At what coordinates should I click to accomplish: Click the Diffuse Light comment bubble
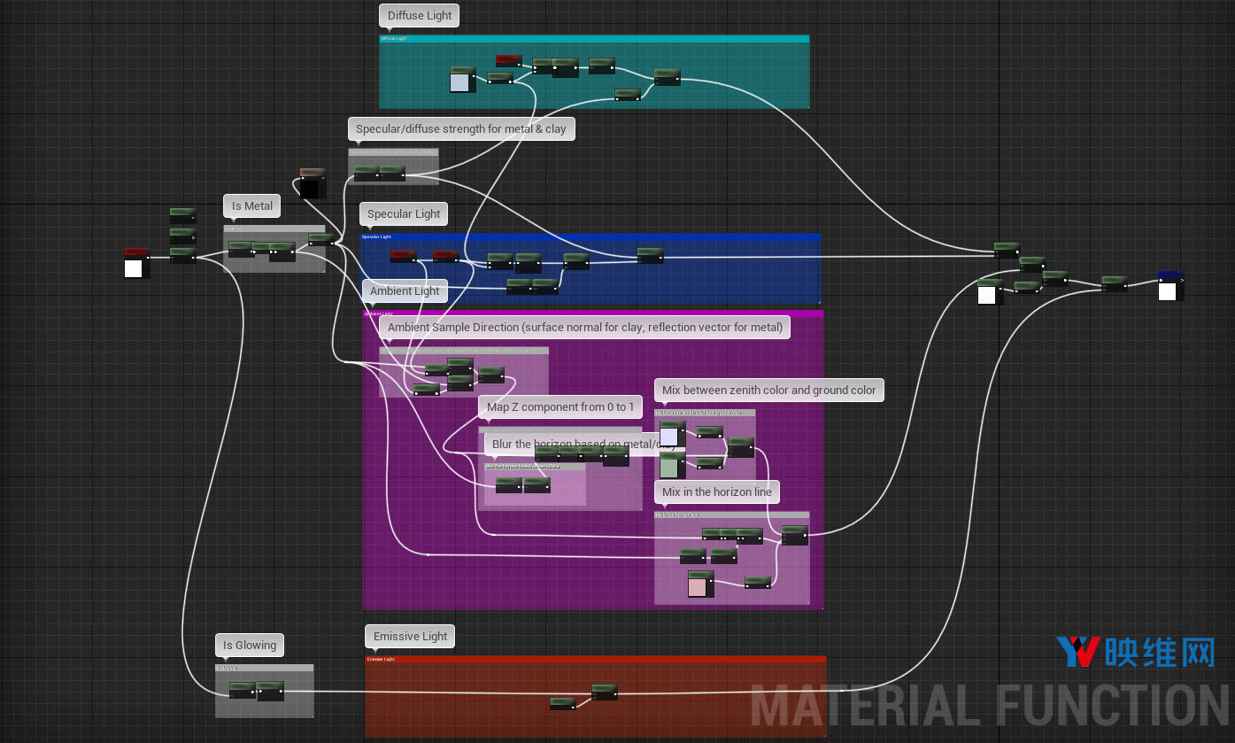pyautogui.click(x=420, y=16)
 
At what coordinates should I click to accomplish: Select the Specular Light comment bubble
pyautogui.click(x=404, y=214)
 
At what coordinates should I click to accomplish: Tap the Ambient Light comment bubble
pyautogui.click(x=405, y=291)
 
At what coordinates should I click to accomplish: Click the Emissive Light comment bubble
pyautogui.click(x=410, y=637)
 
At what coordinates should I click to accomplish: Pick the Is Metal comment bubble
pyautogui.click(x=252, y=206)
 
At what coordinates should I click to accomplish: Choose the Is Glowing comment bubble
pyautogui.click(x=250, y=646)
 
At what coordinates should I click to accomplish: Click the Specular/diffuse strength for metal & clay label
pyautogui.click(x=460, y=129)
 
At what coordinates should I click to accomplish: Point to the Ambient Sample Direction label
pyautogui.click(x=585, y=328)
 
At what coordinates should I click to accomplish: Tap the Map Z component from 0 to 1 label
pyautogui.click(x=560, y=407)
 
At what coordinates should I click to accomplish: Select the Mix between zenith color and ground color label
pyautogui.click(x=768, y=391)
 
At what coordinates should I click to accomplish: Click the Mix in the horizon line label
pyautogui.click(x=717, y=492)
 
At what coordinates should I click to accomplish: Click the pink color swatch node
pyautogui.click(x=698, y=586)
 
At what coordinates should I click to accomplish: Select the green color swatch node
pyautogui.click(x=669, y=467)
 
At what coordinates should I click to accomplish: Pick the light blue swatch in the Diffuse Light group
pyautogui.click(x=459, y=82)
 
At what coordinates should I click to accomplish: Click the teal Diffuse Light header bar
pyautogui.click(x=594, y=39)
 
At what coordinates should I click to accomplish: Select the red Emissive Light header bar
pyautogui.click(x=595, y=659)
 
